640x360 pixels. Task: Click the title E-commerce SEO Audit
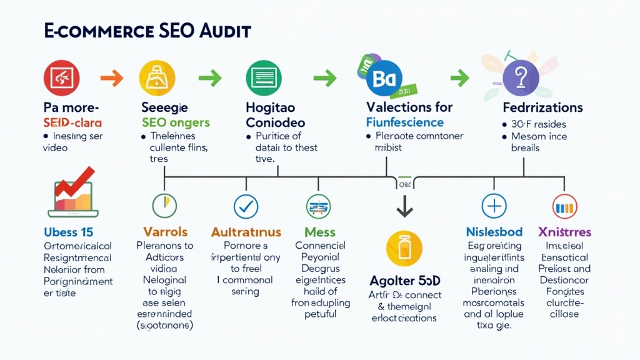click(x=147, y=31)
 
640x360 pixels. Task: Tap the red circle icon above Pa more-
click(x=62, y=78)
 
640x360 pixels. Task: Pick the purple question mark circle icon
click(x=520, y=78)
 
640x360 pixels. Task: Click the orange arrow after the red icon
click(x=112, y=78)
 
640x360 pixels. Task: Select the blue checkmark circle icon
click(x=245, y=206)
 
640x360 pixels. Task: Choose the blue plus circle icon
click(x=494, y=206)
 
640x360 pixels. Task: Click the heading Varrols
click(x=165, y=232)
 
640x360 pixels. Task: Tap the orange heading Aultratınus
click(x=246, y=232)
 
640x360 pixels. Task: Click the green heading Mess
click(x=319, y=232)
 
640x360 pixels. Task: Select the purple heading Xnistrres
click(x=564, y=232)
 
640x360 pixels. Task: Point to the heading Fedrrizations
click(x=542, y=107)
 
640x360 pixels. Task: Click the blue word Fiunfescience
click(x=404, y=122)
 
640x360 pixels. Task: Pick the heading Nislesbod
click(x=494, y=232)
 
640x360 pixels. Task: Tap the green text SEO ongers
click(x=176, y=122)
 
